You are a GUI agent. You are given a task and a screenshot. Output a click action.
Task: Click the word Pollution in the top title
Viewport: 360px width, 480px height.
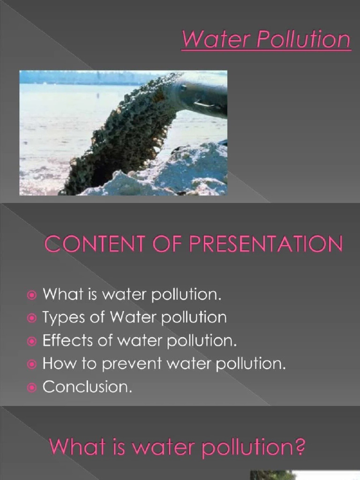click(x=303, y=39)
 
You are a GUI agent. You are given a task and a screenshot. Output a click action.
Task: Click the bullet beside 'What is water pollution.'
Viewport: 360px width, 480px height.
click(x=31, y=295)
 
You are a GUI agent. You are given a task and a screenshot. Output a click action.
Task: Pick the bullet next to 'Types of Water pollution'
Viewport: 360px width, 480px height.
click(x=31, y=318)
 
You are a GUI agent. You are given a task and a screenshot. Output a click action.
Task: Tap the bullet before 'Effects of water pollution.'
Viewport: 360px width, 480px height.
click(x=31, y=341)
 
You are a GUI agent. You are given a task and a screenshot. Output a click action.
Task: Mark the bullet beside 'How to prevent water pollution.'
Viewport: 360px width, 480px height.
click(x=31, y=364)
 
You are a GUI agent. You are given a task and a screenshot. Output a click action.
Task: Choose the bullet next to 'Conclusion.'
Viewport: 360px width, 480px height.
click(x=31, y=388)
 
